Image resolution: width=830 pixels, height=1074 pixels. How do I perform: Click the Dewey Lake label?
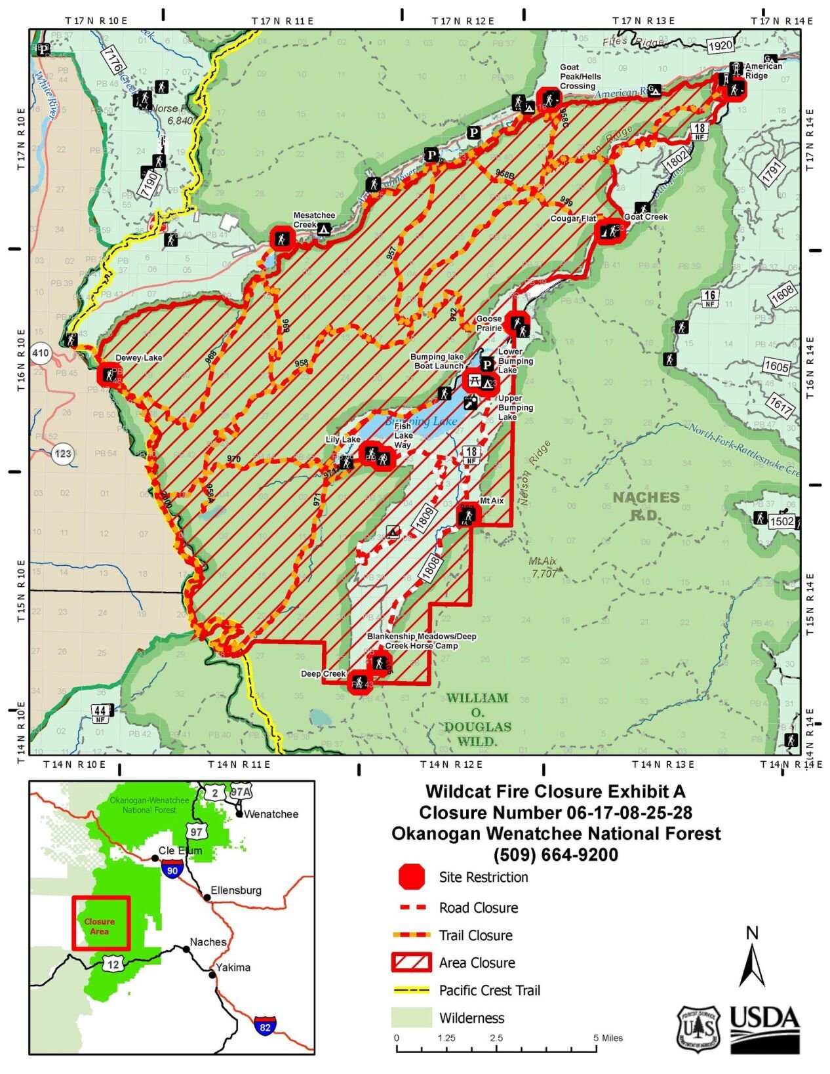(138, 358)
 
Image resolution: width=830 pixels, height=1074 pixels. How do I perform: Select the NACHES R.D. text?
(646, 506)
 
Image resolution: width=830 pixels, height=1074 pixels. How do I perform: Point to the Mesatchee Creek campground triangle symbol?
(323, 229)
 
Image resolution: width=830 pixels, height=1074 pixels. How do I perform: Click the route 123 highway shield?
(63, 453)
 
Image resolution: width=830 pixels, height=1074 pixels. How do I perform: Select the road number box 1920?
(720, 45)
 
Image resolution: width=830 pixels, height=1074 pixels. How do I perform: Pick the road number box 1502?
(781, 521)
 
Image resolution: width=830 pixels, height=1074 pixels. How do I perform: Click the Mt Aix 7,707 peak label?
(543, 567)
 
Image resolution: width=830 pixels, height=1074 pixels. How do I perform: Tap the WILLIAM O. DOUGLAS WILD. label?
(477, 719)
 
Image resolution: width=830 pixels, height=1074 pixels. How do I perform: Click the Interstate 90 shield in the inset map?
(172, 871)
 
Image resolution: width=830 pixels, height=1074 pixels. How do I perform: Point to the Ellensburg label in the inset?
(235, 890)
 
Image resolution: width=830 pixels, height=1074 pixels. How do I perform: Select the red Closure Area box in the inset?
(101, 923)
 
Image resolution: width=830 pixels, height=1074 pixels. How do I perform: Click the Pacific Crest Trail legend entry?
(489, 990)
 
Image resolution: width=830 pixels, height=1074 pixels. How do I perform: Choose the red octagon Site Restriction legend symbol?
(411, 877)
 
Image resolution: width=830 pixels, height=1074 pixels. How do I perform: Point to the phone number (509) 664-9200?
(555, 854)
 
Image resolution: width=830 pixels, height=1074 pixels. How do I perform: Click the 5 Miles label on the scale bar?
(608, 1038)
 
